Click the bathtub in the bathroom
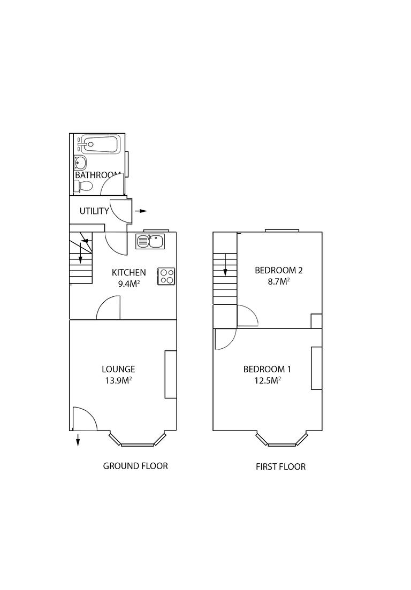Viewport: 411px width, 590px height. (98, 144)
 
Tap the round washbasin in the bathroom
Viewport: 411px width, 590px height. (80, 163)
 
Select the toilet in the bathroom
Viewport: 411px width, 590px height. (83, 186)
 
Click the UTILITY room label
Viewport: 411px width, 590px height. (94, 211)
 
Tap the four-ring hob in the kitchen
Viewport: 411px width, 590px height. (166, 275)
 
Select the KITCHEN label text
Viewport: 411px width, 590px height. (128, 273)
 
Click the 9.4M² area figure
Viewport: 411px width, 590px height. (128, 283)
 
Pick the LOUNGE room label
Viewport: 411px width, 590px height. (118, 369)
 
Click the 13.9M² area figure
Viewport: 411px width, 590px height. (118, 380)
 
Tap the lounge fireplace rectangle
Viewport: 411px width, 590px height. (170, 374)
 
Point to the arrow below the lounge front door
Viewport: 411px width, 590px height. (78, 440)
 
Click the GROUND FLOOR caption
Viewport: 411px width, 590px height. (135, 466)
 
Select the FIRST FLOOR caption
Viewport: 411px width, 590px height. (280, 466)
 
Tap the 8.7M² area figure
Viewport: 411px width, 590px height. (278, 281)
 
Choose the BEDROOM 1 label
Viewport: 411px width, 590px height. (267, 369)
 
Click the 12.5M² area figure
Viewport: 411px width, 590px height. (267, 380)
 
